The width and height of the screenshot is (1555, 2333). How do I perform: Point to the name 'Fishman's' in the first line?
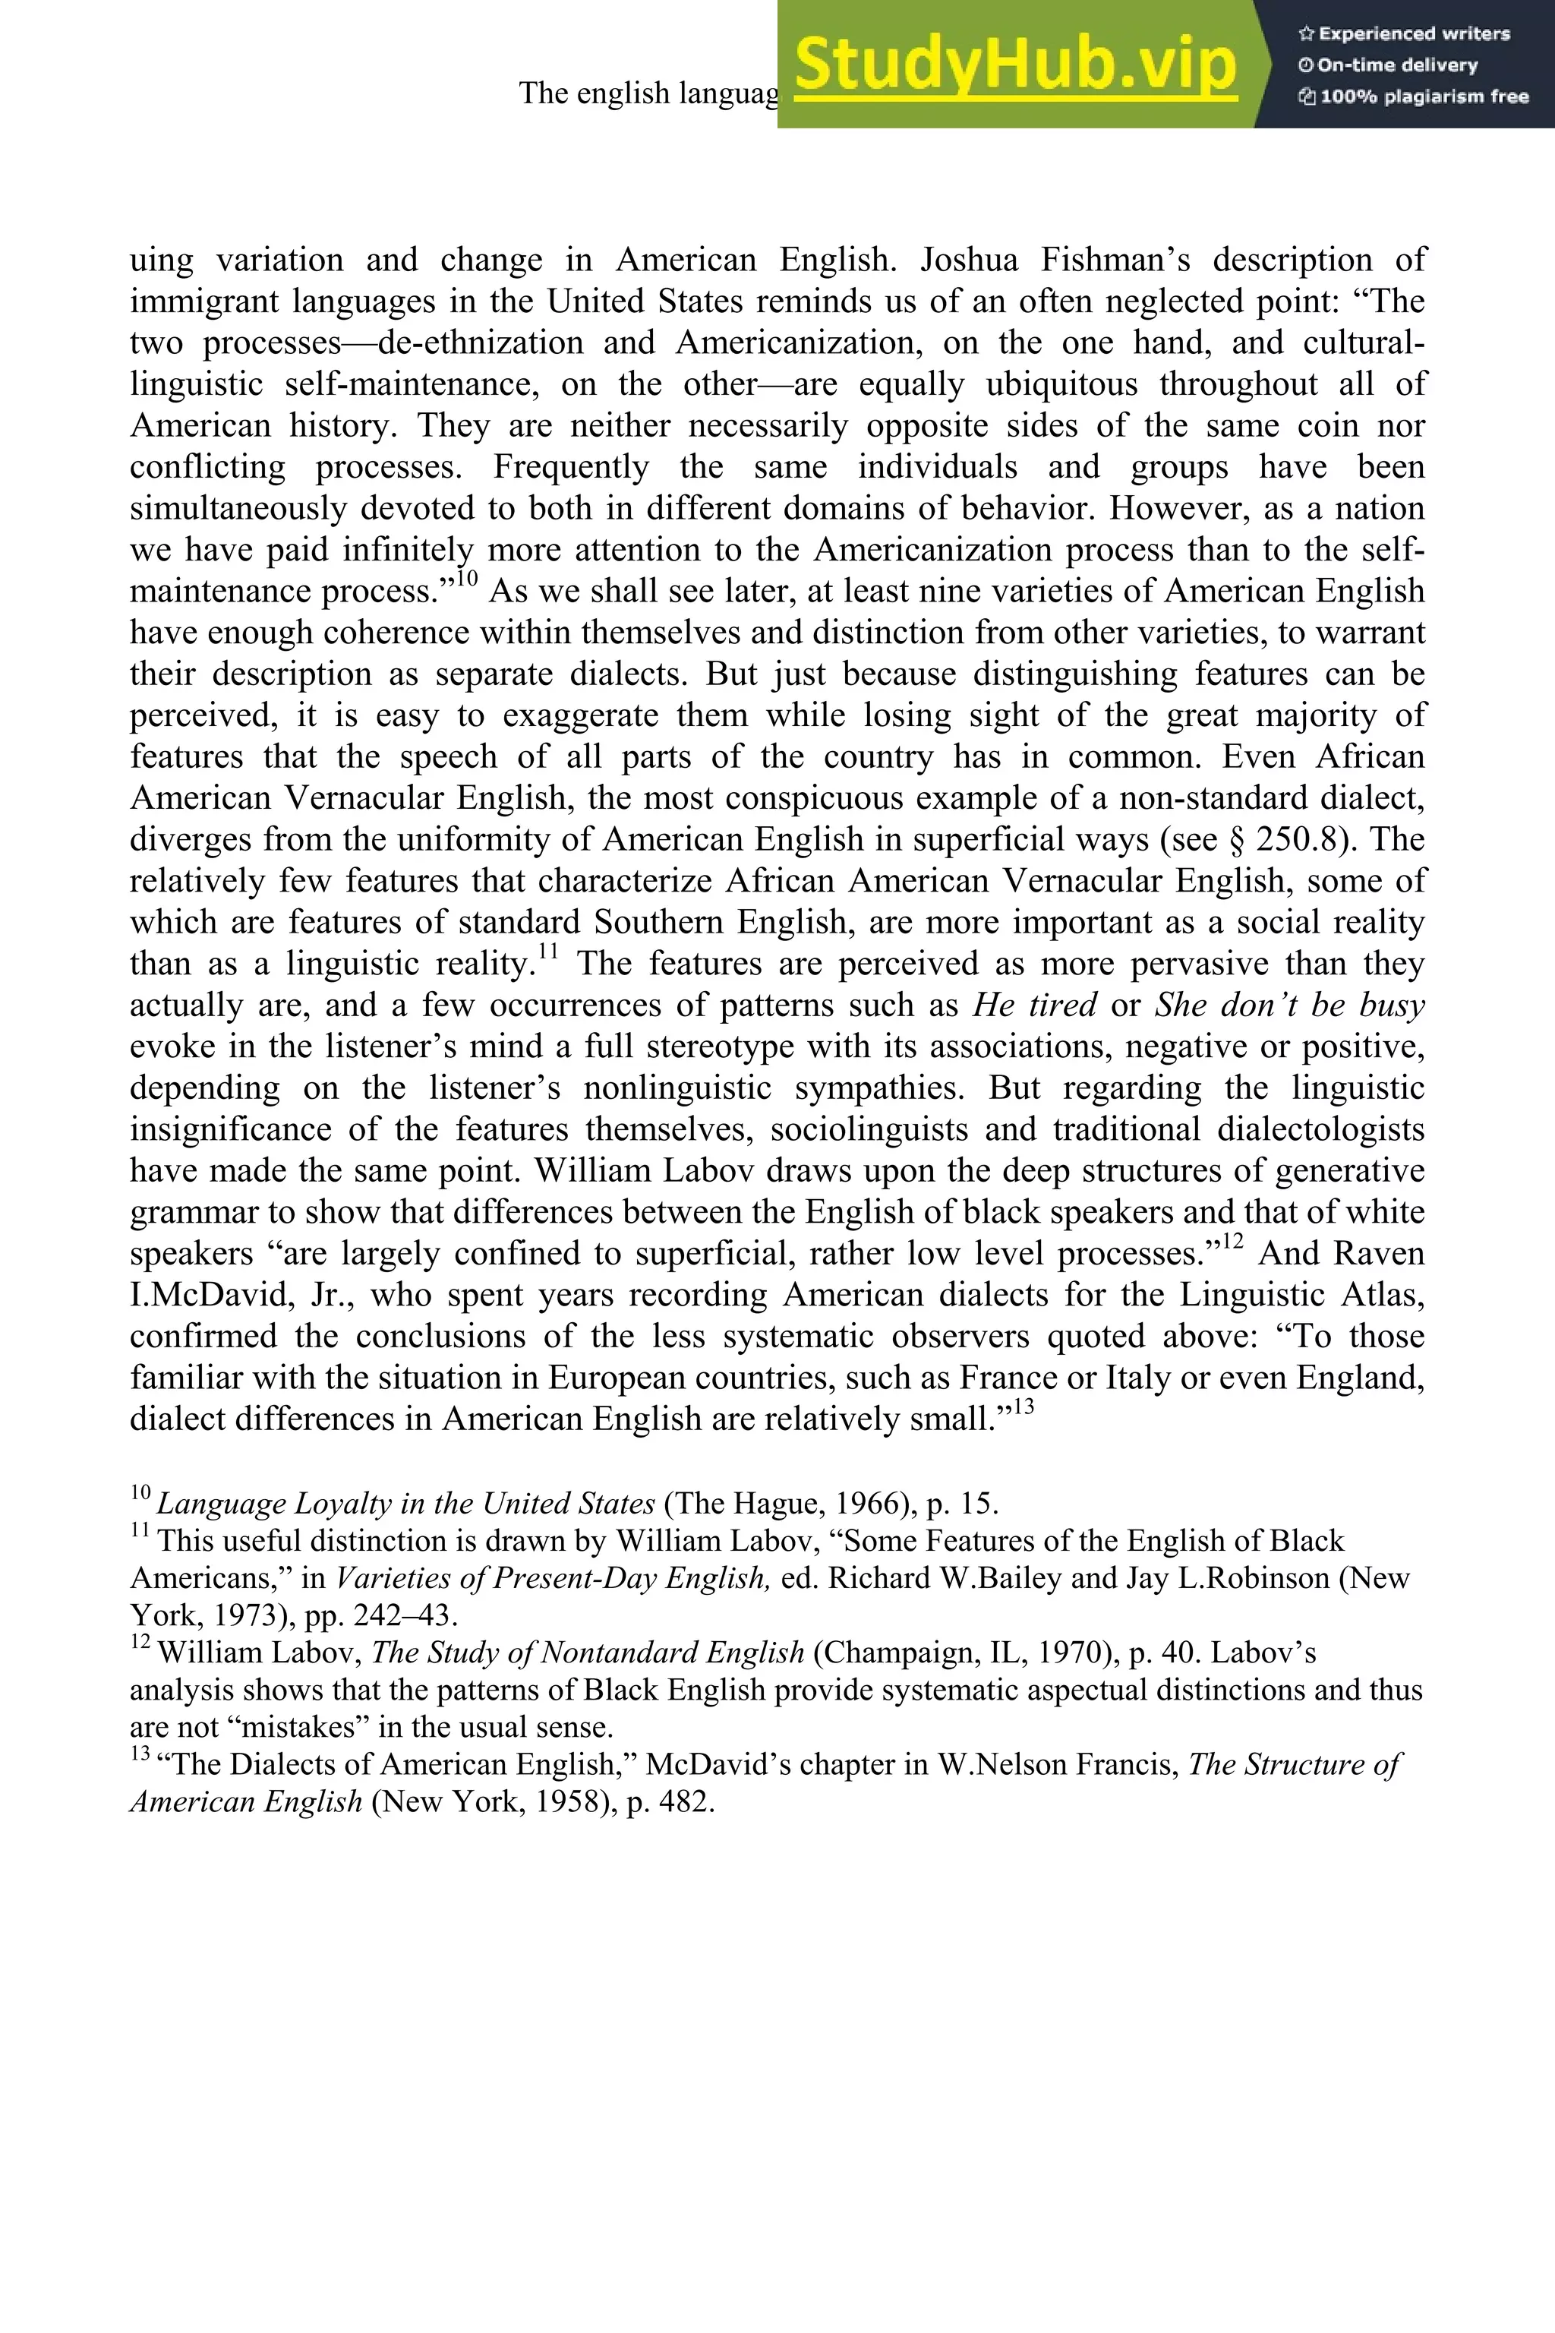click(1115, 260)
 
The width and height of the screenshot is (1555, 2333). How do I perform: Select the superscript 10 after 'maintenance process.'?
click(467, 578)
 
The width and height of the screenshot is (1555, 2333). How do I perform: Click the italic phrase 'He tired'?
click(1034, 1005)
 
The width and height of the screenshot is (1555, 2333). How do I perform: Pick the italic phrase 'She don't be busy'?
click(1289, 1005)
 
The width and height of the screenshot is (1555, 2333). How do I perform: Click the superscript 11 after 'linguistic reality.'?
click(548, 952)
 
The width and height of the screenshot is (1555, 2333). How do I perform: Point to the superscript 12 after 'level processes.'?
click(1233, 1241)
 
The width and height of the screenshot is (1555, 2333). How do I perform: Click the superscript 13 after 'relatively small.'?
click(1024, 1406)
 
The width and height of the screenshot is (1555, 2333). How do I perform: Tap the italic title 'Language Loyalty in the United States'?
click(405, 1504)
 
